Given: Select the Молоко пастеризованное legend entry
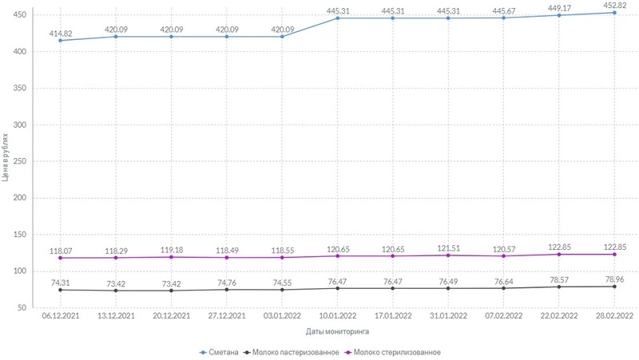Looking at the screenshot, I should tap(296, 352).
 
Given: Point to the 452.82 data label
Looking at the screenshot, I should tap(614, 4).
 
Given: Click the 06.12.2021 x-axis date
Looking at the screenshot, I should tap(61, 317).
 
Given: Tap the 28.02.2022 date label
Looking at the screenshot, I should tap(614, 317).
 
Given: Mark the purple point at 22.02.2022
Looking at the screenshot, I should tap(559, 254).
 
